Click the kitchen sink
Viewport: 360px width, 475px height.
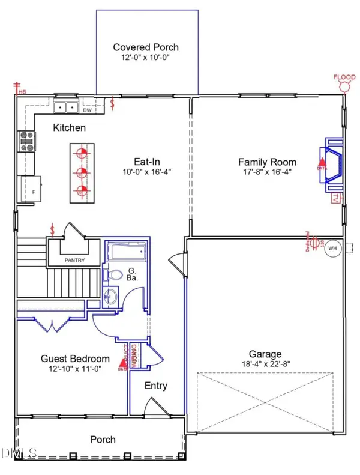click(x=65, y=107)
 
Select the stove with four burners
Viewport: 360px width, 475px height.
click(x=27, y=141)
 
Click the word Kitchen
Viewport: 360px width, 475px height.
click(x=70, y=128)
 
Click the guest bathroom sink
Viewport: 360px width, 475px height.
click(x=110, y=297)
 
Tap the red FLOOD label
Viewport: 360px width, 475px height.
click(x=345, y=77)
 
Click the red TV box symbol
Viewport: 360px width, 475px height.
click(x=335, y=198)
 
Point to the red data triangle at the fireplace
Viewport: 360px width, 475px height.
click(x=322, y=162)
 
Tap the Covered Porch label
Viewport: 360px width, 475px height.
click(x=146, y=47)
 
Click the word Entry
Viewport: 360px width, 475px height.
click(x=156, y=386)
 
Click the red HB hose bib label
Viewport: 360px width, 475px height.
click(x=22, y=92)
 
